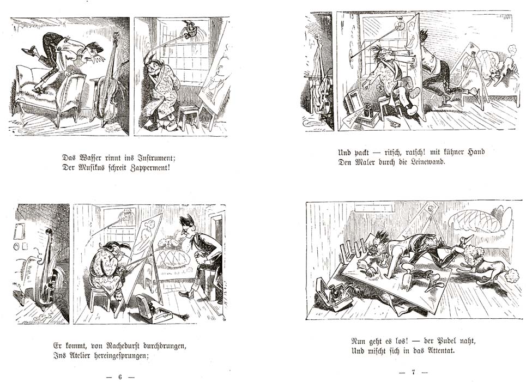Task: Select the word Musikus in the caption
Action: [x=93, y=167]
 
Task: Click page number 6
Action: [x=120, y=377]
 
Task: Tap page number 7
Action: [x=413, y=372]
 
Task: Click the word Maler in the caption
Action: [x=365, y=162]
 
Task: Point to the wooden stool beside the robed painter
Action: [x=188, y=117]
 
